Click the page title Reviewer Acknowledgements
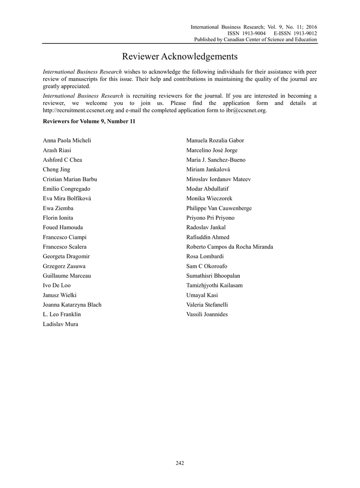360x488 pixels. pos(180,57)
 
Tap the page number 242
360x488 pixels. pos(180,463)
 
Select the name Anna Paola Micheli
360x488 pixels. pos(67,141)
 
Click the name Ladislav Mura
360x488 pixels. pos(61,324)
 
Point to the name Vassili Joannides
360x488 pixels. pos(207,315)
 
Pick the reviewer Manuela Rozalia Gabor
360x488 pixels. pos(215,141)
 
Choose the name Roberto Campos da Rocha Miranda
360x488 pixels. pos(229,247)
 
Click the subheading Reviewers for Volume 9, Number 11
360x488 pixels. pos(89,122)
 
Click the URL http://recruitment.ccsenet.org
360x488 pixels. pos(78,111)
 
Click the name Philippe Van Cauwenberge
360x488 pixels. pos(219,208)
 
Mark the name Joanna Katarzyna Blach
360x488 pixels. pos(72,305)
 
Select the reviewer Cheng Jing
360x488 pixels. pos(56,170)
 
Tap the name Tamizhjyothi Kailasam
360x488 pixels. pos(214,285)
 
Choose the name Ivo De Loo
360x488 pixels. pos(57,285)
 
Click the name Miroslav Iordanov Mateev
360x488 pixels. pos(218,179)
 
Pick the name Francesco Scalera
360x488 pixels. pos(65,247)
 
